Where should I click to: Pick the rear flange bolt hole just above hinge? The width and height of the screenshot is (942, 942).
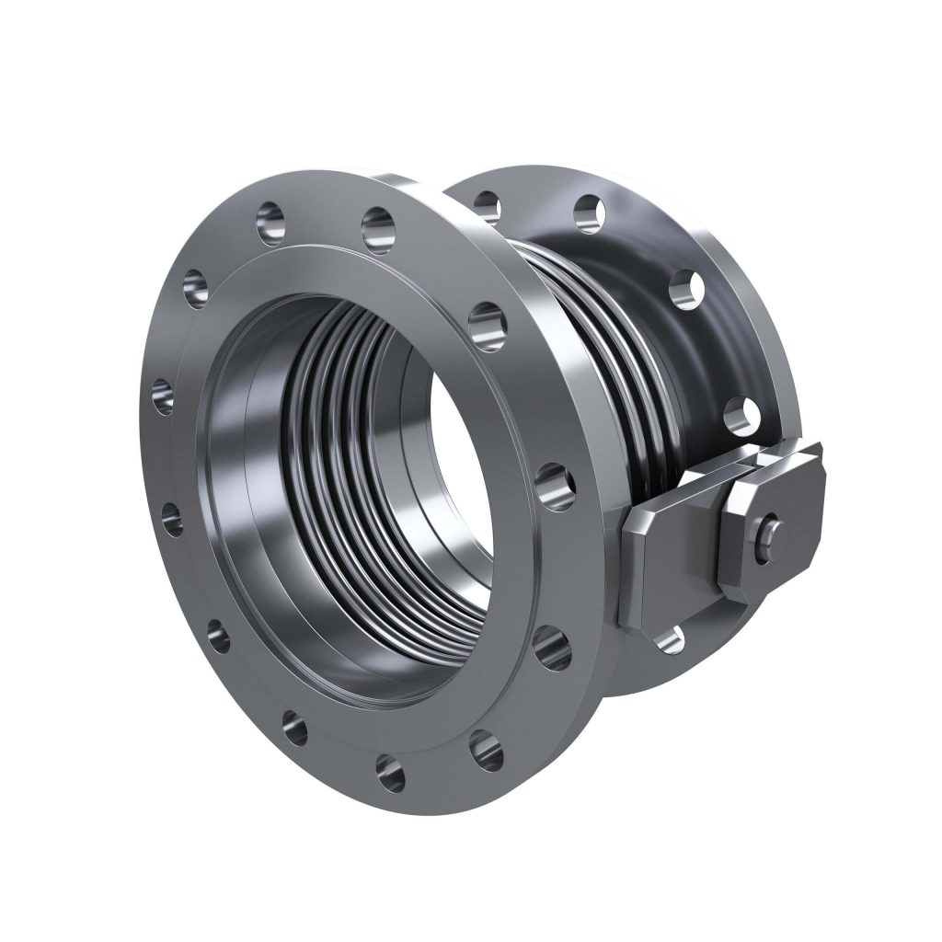tap(740, 416)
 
